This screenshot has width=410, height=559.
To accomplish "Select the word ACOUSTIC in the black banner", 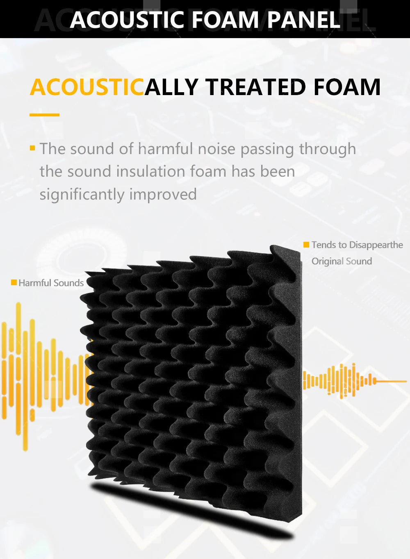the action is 128,19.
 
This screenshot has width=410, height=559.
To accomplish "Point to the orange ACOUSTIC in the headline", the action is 87,87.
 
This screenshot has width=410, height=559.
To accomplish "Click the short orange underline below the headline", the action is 44,115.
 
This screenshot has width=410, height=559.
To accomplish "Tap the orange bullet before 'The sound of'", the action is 32,148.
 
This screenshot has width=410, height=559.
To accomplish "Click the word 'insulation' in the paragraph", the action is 151,172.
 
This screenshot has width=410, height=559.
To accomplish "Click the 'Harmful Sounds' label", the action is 51,283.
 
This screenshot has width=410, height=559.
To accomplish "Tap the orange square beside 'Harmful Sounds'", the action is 14,282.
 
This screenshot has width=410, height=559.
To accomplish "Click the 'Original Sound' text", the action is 342,261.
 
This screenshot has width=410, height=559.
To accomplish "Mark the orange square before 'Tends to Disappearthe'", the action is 306,245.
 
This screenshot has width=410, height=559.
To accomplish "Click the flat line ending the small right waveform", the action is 391,381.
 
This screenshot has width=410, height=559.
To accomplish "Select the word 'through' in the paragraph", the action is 328,149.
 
